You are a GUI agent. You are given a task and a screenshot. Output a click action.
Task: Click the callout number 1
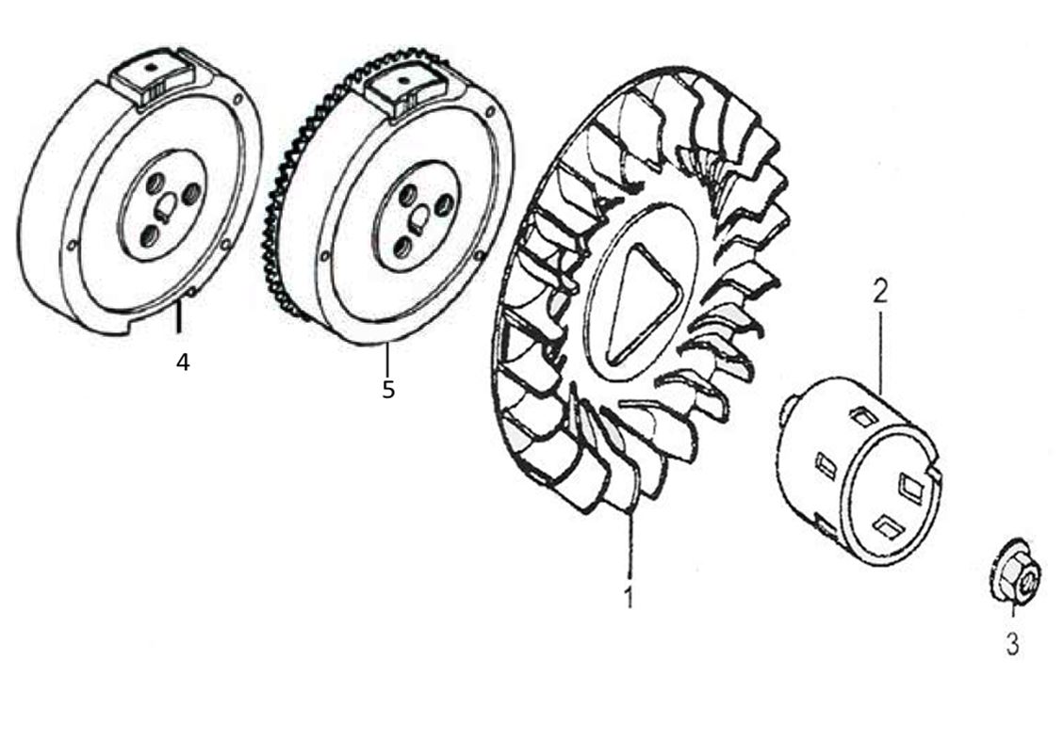tap(629, 596)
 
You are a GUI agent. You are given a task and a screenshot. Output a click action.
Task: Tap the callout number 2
tap(879, 290)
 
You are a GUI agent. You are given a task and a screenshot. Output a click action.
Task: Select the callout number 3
tap(1011, 644)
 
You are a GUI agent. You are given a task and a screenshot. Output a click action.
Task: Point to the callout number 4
tap(182, 362)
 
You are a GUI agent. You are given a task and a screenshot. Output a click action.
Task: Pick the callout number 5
tap(388, 389)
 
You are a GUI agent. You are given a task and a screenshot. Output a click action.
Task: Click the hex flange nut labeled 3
tap(1015, 572)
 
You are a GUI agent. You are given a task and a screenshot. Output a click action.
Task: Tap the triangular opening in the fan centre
tap(642, 302)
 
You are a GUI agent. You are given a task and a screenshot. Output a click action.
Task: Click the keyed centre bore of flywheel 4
tap(165, 203)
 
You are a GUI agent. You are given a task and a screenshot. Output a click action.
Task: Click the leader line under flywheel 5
tap(386, 359)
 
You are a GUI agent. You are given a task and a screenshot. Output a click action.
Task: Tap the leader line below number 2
tap(880, 348)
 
